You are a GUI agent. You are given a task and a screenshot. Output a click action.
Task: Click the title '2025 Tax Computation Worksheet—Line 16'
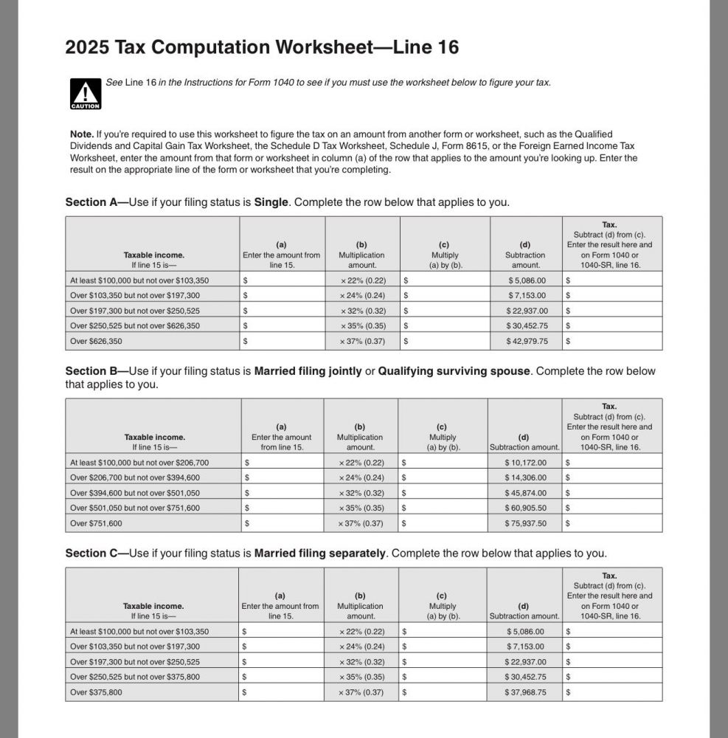(262, 48)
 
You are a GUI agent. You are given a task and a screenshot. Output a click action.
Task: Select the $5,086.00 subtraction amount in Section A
(527, 280)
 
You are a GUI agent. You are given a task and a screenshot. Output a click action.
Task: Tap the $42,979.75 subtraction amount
(527, 342)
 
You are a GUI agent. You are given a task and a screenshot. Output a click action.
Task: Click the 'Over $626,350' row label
(97, 342)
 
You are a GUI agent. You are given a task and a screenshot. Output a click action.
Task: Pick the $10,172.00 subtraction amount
(525, 463)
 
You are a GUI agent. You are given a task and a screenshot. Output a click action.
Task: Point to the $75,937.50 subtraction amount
(525, 523)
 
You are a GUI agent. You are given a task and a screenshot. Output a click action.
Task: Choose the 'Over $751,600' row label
(97, 523)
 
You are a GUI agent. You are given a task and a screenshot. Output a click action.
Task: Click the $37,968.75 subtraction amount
(525, 692)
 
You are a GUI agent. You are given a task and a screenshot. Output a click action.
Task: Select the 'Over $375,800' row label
(97, 692)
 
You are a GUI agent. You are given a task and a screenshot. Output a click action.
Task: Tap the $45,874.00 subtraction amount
(525, 493)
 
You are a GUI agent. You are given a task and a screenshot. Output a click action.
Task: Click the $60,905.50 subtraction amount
(525, 508)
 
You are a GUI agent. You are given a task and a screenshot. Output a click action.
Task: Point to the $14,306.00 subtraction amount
(525, 477)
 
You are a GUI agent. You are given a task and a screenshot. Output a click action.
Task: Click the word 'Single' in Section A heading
(271, 202)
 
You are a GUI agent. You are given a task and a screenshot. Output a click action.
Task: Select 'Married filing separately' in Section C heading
(322, 553)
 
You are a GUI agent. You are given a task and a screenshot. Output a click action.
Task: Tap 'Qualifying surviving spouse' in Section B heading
(454, 371)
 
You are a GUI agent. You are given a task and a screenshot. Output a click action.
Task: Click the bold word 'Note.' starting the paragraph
(81, 134)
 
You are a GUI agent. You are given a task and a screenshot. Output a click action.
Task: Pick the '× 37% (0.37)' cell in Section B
(361, 523)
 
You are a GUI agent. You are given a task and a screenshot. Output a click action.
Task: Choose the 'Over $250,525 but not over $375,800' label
(135, 677)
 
